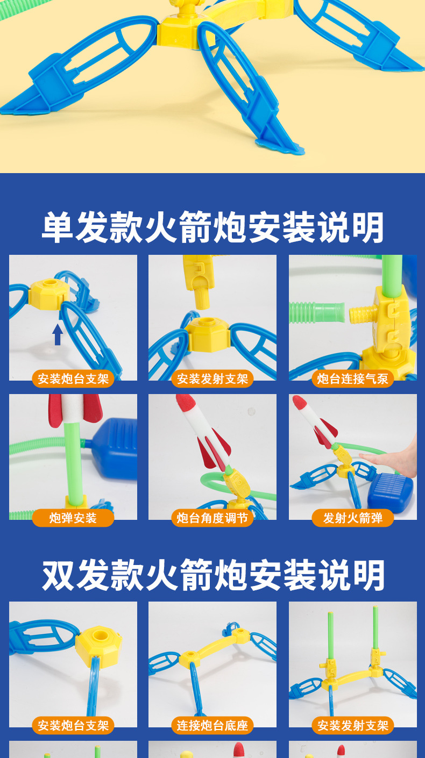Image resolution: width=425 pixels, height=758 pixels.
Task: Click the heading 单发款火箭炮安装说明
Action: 212,227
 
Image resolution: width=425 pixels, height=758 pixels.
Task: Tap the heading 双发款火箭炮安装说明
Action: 212,575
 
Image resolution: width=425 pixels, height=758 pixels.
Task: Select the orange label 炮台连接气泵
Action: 352,378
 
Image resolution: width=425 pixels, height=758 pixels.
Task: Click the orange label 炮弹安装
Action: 73,518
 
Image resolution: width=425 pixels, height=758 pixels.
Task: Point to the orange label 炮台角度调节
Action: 212,518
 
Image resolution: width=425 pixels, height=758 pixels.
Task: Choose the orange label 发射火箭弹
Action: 352,518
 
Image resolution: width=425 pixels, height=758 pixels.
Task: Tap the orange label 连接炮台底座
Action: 212,725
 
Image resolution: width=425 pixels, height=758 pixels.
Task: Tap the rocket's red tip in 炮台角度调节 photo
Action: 184,402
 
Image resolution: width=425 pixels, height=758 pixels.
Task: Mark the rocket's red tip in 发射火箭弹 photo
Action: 299,403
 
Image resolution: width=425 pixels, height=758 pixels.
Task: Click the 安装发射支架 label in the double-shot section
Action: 352,725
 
